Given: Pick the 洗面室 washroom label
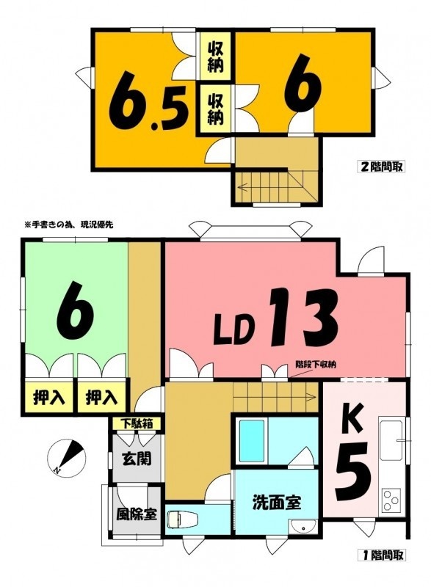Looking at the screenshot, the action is pos(277,502).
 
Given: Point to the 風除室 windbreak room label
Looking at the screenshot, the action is pos(136,514).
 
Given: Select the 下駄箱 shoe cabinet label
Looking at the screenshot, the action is pos(137,424).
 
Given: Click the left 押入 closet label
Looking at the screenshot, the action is pos(49,397).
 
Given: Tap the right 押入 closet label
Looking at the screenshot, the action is pos(102,397).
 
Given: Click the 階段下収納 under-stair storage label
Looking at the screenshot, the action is pos(316,363).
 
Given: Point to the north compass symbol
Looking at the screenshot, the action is pos(67,456).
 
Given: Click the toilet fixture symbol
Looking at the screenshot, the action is pos(175,519).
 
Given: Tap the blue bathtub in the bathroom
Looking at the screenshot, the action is pos(252,440).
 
